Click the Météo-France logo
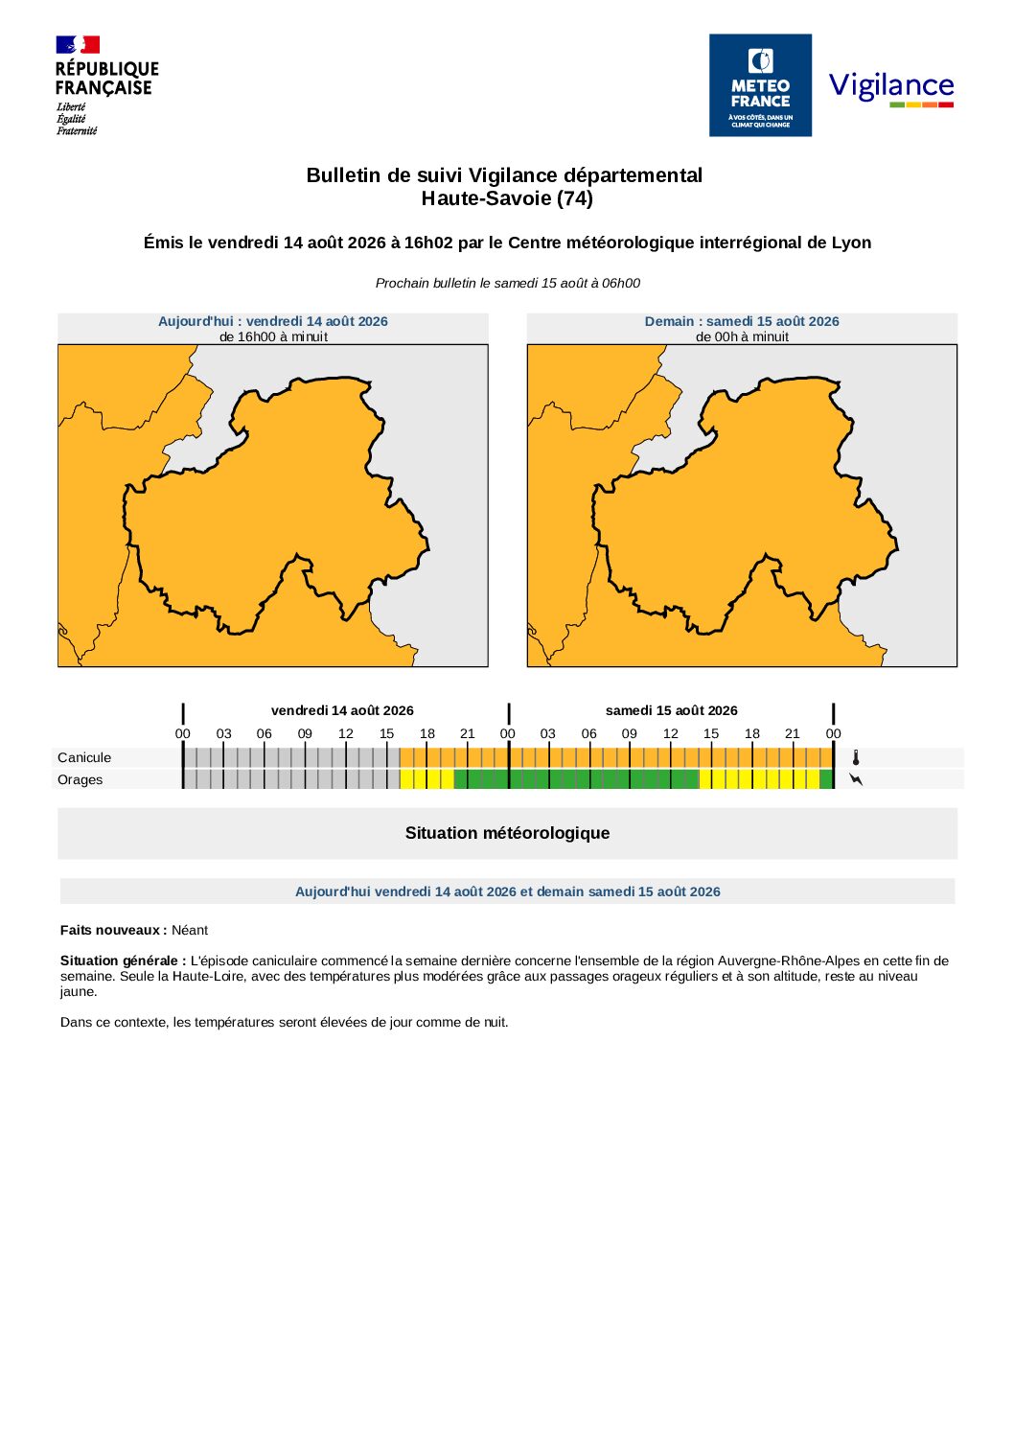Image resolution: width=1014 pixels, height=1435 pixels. (x=760, y=85)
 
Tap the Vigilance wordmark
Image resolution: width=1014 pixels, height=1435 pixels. (x=891, y=87)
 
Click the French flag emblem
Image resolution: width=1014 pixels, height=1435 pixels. (x=78, y=45)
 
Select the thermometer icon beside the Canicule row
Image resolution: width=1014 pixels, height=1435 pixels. (x=856, y=758)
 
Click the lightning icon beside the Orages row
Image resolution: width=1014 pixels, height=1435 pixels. (x=856, y=779)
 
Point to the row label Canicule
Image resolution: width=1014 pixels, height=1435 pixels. (x=84, y=757)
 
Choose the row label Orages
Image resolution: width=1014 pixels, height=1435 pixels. (x=81, y=779)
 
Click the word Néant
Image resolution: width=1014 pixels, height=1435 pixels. (x=190, y=930)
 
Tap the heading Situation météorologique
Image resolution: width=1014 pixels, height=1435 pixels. (x=507, y=833)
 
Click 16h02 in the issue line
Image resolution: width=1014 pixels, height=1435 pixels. (x=427, y=243)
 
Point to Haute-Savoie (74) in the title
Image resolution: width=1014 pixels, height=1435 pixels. (x=507, y=198)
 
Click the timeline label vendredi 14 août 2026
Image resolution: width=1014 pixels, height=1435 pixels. (x=342, y=710)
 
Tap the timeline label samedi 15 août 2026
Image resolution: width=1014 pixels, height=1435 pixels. (x=671, y=710)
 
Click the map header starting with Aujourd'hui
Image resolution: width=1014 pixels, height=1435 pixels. (x=273, y=321)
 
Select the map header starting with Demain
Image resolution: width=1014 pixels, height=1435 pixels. (x=742, y=321)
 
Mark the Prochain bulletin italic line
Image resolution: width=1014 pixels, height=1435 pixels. (x=507, y=283)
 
